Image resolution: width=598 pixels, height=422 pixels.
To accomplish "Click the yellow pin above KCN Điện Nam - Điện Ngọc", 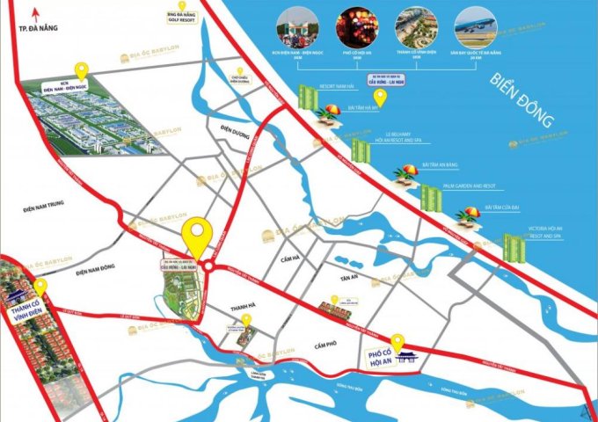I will click(x=81, y=69).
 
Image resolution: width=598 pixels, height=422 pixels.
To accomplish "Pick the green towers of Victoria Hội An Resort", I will click(x=513, y=246).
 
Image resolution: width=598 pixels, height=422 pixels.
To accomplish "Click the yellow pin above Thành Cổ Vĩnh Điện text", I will click(x=40, y=287).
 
